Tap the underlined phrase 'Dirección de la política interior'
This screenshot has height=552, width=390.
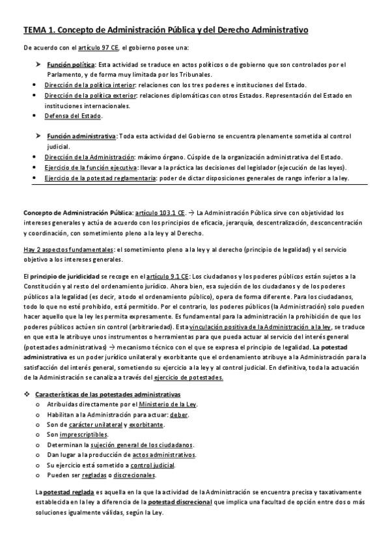pyautogui.click(x=91, y=85)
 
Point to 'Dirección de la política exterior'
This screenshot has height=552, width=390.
pyautogui.click(x=92, y=96)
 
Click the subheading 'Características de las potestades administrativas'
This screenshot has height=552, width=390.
pyautogui.click(x=107, y=395)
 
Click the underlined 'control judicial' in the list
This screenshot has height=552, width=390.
pyautogui.click(x=152, y=465)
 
